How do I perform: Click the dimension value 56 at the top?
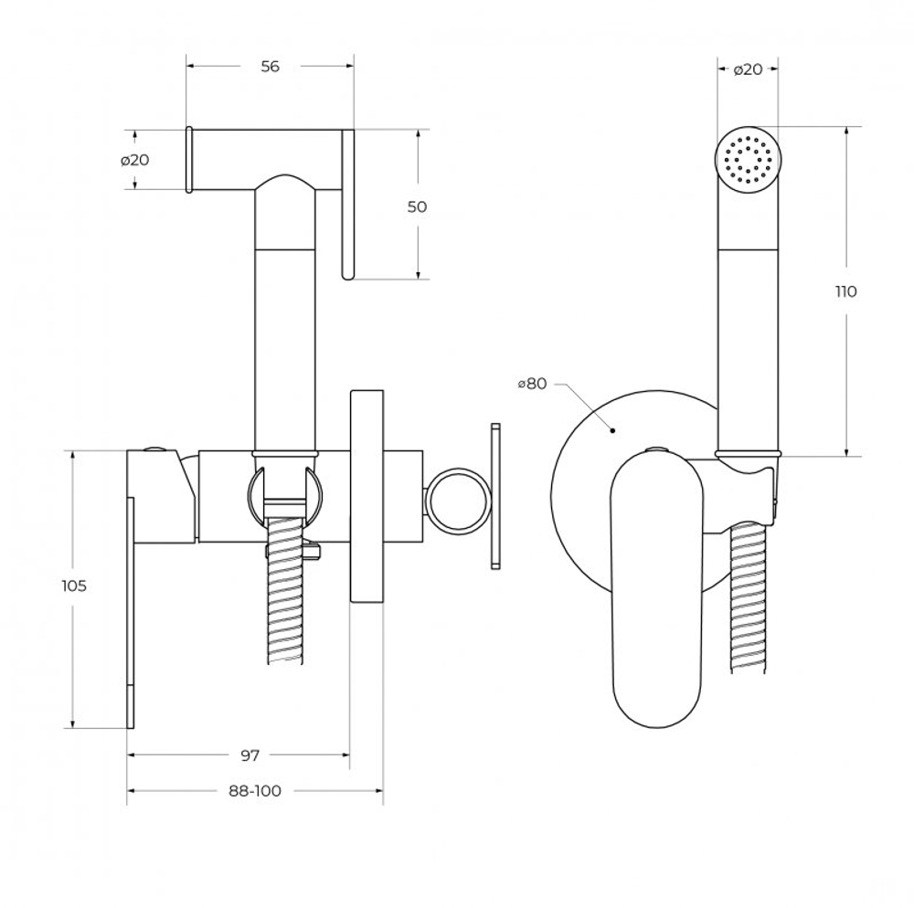click(x=269, y=66)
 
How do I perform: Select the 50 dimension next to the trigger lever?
click(x=417, y=206)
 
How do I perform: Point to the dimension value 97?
click(x=250, y=755)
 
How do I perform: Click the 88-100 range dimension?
click(x=254, y=790)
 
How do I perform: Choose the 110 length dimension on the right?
click(x=845, y=291)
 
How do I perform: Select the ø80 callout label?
click(x=531, y=384)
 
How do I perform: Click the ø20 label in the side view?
click(x=134, y=160)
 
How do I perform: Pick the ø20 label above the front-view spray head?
click(x=748, y=69)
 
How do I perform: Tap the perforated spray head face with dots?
click(x=748, y=161)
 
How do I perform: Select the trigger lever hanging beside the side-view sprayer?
click(x=347, y=205)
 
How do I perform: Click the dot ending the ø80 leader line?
click(x=613, y=428)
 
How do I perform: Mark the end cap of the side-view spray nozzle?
click(x=190, y=160)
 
